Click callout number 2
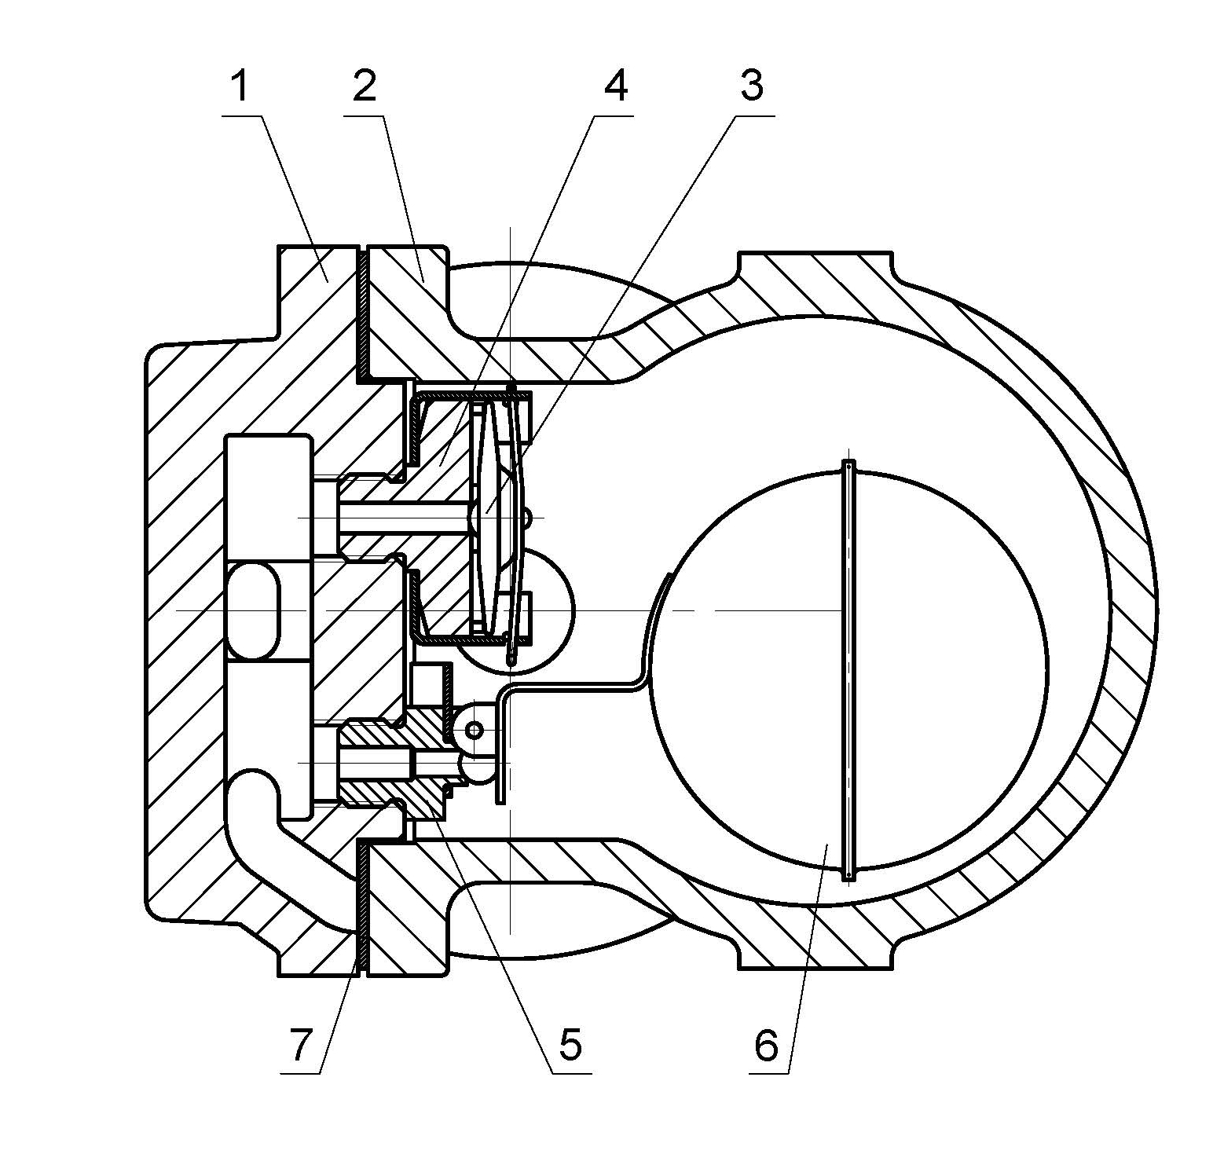pyautogui.click(x=364, y=87)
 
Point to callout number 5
pyautogui.click(x=570, y=1045)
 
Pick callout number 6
pyautogui.click(x=767, y=1045)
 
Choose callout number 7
pyautogui.click(x=301, y=1045)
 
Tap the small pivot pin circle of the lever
pyautogui.click(x=474, y=731)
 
